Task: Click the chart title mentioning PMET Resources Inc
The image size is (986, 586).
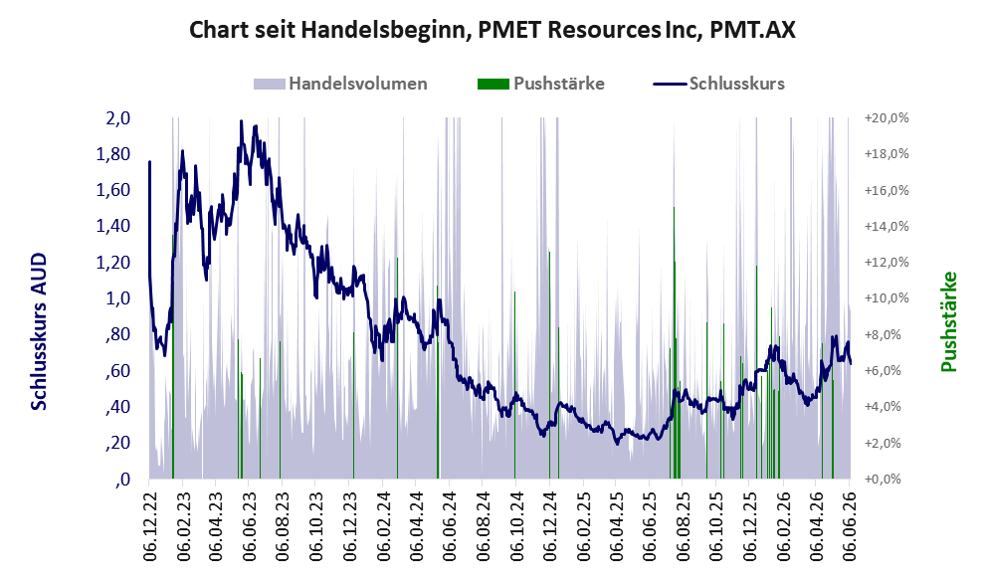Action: [493, 30]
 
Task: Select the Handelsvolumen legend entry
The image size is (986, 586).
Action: [340, 84]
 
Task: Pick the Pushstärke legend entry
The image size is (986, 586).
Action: [541, 84]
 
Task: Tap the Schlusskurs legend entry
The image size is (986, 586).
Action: [718, 84]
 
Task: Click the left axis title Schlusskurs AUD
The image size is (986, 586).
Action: [39, 332]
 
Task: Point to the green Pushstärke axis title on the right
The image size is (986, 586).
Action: [948, 321]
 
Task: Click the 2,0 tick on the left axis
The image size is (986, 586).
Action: [117, 118]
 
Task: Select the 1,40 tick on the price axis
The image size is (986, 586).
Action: [113, 227]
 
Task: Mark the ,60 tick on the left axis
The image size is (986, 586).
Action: [118, 371]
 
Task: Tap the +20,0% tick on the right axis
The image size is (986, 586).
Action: [887, 118]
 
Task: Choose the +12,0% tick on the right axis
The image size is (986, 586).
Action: [887, 263]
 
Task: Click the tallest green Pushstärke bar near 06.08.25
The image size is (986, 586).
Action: [674, 342]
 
